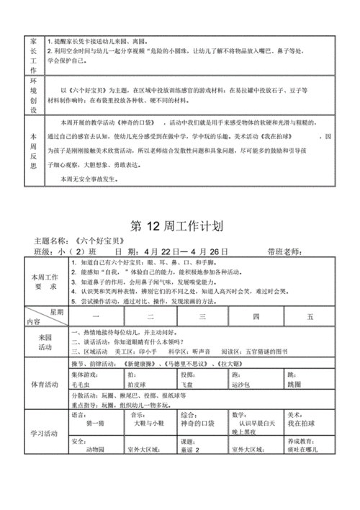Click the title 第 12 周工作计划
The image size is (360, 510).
click(x=179, y=228)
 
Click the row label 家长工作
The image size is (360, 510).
click(x=32, y=54)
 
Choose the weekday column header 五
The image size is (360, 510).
click(x=310, y=316)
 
